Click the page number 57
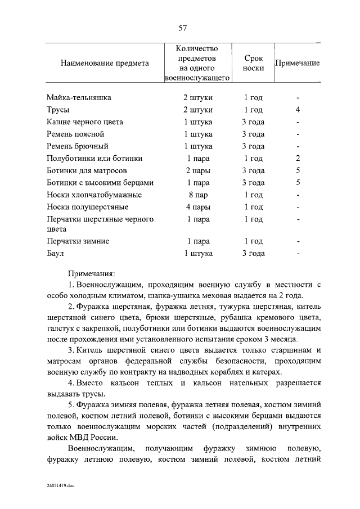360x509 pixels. pos(182,28)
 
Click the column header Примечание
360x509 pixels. pos(297,64)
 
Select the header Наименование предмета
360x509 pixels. pos(105,64)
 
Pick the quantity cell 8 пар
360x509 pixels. pos(198,195)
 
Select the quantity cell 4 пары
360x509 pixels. pos(198,208)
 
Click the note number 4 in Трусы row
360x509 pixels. pos(298,110)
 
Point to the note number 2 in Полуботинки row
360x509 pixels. pos(298,159)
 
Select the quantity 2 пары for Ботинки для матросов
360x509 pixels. pos(198,170)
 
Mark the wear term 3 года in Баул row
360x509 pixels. pos(253,254)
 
